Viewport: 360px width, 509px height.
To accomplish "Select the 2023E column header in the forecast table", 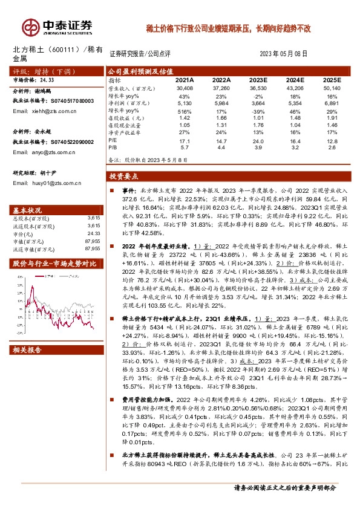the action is pos(258,80).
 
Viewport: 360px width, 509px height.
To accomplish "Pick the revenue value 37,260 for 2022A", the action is pos(222,88).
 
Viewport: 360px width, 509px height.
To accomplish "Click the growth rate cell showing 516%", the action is pos(185,111).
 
